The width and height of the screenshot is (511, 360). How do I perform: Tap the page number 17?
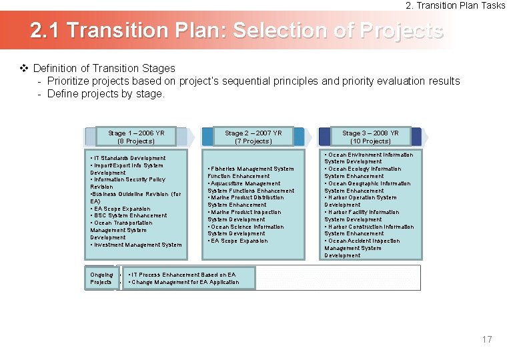(x=487, y=339)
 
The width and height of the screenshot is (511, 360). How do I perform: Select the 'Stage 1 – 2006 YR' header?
(x=136, y=137)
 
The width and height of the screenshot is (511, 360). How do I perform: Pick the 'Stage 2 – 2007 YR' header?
(x=253, y=137)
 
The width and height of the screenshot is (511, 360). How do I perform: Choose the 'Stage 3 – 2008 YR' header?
(x=370, y=137)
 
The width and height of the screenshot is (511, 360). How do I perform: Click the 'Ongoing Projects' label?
(x=101, y=278)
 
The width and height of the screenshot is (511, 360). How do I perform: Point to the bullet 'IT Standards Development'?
(x=128, y=158)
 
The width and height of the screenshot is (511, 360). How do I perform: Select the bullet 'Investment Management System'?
(x=136, y=245)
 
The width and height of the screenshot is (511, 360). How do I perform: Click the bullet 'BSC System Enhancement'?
(x=129, y=215)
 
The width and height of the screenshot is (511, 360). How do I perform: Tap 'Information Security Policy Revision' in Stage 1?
(x=128, y=183)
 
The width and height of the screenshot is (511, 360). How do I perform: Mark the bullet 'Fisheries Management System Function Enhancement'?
(x=251, y=173)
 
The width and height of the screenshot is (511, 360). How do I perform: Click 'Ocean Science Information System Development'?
(x=246, y=230)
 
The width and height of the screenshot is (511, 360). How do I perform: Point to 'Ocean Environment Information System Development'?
(x=368, y=158)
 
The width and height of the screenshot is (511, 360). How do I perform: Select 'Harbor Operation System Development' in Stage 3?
(x=361, y=201)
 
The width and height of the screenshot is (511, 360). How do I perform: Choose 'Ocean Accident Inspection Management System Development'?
(x=362, y=248)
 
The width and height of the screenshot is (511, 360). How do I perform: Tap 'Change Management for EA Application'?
(x=184, y=282)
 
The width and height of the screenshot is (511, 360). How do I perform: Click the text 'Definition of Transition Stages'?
(x=104, y=68)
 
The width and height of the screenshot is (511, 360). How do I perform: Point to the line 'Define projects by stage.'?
(x=105, y=93)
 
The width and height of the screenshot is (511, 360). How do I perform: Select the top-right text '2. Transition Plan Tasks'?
(x=456, y=5)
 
